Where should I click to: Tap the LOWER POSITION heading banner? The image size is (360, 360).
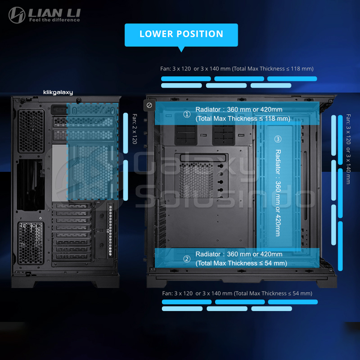[181, 34]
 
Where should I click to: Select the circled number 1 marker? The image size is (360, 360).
[187, 114]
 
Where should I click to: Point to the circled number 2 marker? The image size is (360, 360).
[187, 259]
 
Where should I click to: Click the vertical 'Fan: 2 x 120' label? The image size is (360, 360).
[134, 129]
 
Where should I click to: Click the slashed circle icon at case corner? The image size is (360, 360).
[149, 105]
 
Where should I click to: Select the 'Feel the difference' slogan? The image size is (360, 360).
[54, 20]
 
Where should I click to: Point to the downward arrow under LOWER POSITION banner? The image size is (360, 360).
[181, 49]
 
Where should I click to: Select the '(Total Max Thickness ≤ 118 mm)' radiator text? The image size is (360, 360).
[243, 119]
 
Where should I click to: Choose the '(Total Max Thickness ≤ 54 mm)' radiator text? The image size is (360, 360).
[241, 263]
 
